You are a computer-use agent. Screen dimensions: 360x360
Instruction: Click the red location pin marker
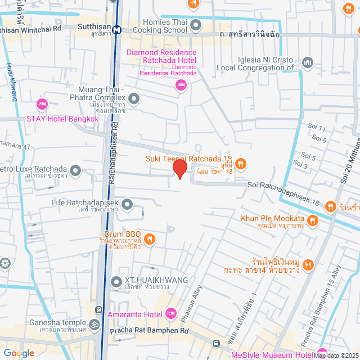point(179,169)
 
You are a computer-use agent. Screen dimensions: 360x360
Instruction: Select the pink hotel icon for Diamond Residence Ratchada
point(181,85)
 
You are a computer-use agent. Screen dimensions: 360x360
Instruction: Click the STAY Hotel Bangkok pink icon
point(42,105)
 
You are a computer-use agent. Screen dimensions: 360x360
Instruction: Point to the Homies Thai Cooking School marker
point(196,24)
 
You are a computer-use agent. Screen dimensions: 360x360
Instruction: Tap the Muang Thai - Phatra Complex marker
point(134,100)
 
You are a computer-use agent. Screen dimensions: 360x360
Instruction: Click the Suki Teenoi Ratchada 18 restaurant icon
point(240,164)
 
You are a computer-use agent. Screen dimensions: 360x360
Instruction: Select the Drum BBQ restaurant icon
point(149,239)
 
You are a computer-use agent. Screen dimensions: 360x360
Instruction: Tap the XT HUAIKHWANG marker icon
point(116,281)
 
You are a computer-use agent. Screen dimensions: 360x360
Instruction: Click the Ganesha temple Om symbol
point(94,325)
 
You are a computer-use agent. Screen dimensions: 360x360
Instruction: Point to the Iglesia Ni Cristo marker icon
point(307,62)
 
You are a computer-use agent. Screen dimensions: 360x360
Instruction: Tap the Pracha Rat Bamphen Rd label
point(149,331)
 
